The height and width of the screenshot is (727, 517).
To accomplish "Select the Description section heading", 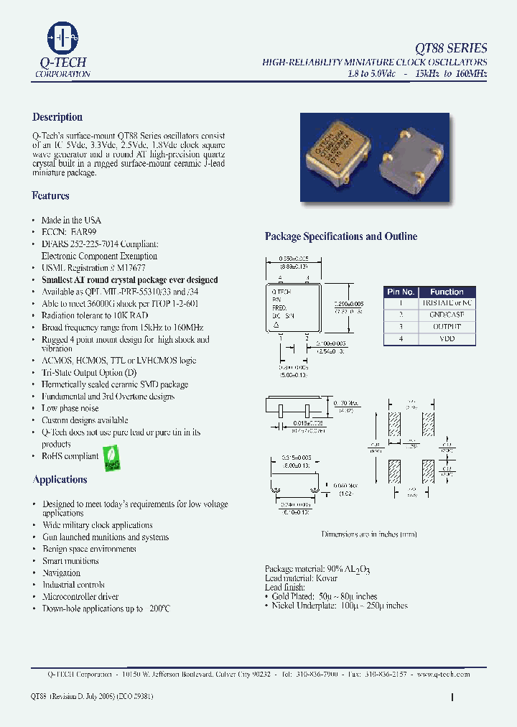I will (57, 117).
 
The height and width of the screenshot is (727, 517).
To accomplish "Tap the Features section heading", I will (50, 195).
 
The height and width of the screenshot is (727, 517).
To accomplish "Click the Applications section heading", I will (60, 479).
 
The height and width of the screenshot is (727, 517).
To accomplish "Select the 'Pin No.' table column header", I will (401, 292).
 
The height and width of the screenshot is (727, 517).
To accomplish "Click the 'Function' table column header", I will (447, 292).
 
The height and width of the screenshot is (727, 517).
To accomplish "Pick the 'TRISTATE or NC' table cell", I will (447, 303).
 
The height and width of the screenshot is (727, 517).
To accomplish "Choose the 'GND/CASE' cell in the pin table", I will (447, 315).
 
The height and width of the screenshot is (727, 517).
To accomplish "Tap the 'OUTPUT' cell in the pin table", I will (447, 326).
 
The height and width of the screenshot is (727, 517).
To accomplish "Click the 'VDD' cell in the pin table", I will (447, 338).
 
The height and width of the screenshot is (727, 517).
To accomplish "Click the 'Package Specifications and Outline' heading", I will (340, 236).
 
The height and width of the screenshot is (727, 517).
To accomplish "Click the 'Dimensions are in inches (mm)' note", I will (369, 534).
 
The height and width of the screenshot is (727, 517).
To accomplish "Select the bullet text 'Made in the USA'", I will (71, 220).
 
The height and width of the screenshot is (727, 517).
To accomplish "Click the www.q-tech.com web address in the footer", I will (444, 674).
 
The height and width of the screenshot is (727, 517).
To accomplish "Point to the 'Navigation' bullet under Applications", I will (61, 573).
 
